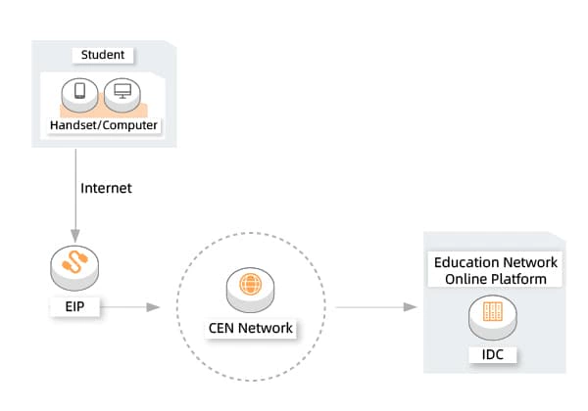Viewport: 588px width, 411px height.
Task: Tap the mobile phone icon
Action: (79, 94)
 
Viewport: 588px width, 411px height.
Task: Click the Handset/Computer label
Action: (104, 126)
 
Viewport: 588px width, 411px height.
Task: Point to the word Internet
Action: (106, 187)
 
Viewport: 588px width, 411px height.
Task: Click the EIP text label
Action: (74, 306)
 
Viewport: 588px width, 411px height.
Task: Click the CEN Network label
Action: (251, 328)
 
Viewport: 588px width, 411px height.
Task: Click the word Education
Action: (466, 262)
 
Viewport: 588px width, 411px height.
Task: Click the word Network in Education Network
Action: (529, 262)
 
